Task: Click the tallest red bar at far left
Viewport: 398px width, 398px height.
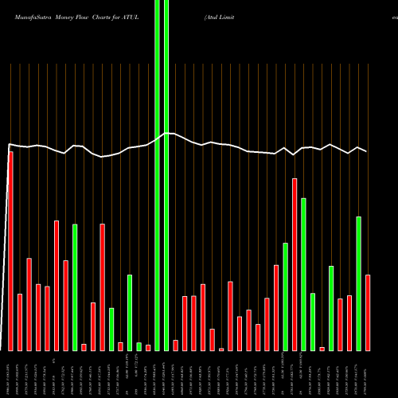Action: click(x=10, y=251)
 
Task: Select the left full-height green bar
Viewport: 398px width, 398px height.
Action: click(x=158, y=175)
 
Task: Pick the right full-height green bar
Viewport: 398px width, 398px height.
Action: click(x=166, y=175)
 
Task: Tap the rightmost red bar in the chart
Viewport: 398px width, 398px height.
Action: click(x=368, y=312)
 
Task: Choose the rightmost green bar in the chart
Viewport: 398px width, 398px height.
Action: click(x=358, y=283)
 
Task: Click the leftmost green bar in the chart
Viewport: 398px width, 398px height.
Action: click(x=75, y=287)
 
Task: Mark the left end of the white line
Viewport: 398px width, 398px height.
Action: click(x=8, y=145)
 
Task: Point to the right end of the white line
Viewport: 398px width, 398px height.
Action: click(x=367, y=151)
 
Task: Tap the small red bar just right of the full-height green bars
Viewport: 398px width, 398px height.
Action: click(x=176, y=345)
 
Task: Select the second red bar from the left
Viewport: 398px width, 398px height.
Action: click(x=20, y=322)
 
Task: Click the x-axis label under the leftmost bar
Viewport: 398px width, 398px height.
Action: click(x=9, y=373)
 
